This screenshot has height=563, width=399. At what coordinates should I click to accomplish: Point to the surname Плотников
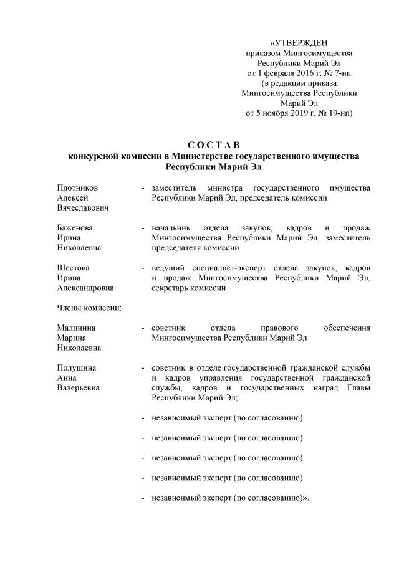78,187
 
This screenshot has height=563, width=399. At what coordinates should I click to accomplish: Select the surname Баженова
75,227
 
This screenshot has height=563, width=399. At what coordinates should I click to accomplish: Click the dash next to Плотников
144,187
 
